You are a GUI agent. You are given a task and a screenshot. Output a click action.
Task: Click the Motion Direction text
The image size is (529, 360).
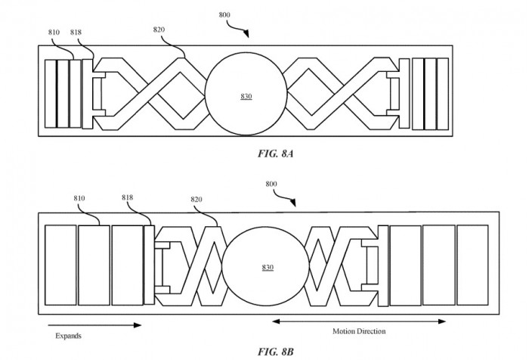[359, 331]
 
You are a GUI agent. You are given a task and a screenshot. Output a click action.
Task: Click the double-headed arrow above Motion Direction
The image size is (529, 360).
[359, 321]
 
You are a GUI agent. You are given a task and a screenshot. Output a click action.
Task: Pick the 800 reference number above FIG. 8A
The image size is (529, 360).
[224, 15]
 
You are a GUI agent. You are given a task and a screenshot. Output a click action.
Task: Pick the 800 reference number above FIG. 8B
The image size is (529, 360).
[272, 184]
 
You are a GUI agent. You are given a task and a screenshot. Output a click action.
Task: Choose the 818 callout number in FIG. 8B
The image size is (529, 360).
[129, 198]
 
